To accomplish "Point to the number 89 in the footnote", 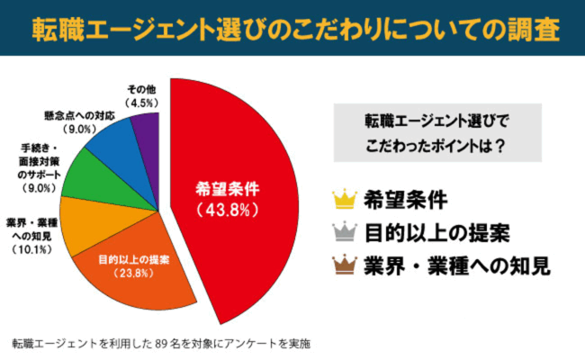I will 163,344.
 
